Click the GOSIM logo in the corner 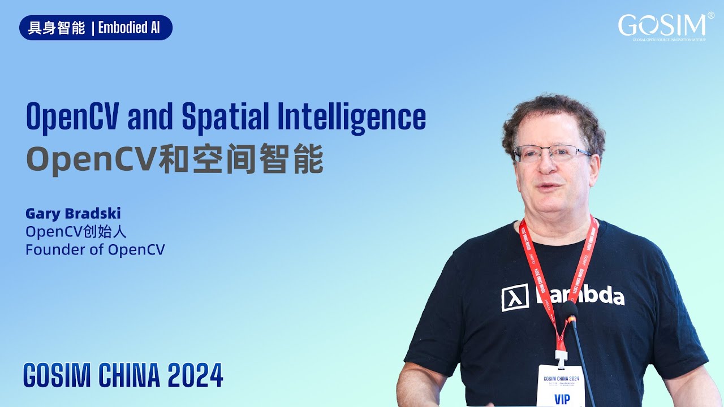[662, 26]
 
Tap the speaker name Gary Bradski [73, 214]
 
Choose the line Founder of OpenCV [95, 249]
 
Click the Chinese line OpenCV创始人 [76, 232]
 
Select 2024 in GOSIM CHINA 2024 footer [196, 375]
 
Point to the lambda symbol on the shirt [515, 297]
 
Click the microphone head [570, 310]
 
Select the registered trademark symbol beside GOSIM [710, 16]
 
